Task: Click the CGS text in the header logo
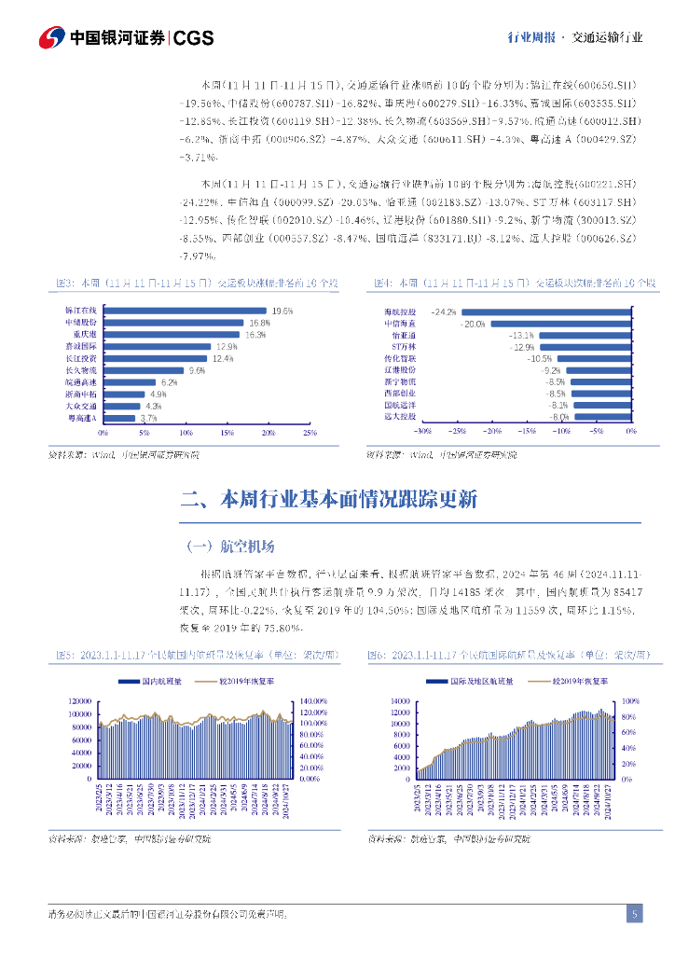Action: (195, 37)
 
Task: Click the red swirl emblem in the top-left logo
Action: (51, 37)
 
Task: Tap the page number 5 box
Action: (634, 914)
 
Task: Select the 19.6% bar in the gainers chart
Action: (185, 311)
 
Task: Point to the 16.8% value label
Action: (259, 323)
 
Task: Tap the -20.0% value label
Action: (474, 324)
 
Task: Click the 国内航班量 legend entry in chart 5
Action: (154, 682)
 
